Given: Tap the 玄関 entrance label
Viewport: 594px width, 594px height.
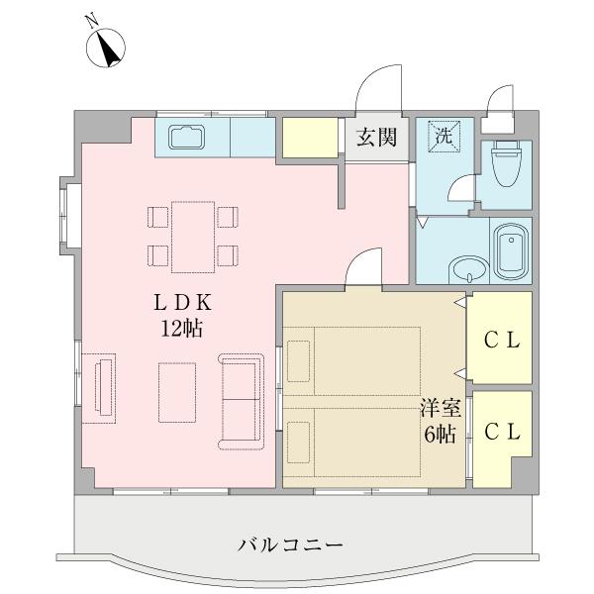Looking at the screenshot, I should point(377,138).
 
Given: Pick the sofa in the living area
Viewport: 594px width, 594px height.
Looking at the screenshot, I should point(244,398).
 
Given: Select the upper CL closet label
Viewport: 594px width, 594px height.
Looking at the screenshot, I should point(503,340).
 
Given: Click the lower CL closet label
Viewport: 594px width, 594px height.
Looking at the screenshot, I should point(503,433).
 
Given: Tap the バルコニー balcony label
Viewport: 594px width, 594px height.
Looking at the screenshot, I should point(291,544).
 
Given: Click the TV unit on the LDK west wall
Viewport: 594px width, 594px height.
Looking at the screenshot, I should point(100,386).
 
